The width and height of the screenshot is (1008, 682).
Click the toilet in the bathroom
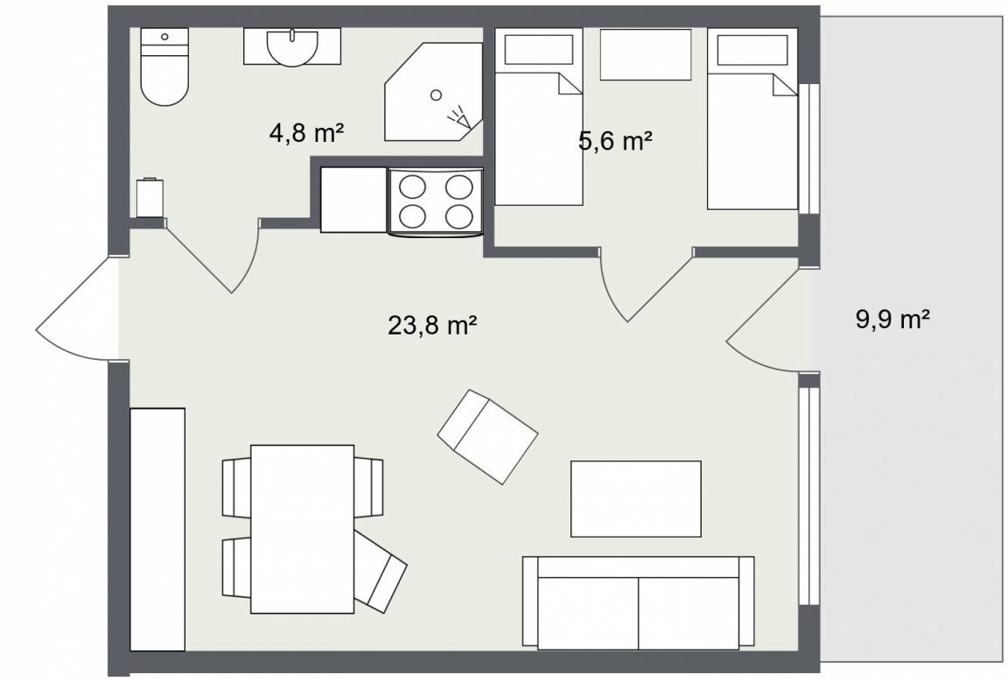[x=164, y=67]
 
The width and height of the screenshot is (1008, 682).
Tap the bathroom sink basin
[x=292, y=47]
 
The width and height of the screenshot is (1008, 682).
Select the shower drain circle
[x=436, y=95]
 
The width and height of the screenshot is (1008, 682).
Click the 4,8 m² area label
[x=306, y=133]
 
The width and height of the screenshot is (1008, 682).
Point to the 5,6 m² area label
[x=615, y=140]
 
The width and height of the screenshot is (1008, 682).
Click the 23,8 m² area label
[x=432, y=325]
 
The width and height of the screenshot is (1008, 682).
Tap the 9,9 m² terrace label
[x=892, y=319]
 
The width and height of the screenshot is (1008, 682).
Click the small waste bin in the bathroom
[x=150, y=198]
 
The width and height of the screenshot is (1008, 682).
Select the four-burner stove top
[x=435, y=200]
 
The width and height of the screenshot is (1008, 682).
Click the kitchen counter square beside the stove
[x=353, y=200]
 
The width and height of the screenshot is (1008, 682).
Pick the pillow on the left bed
[x=539, y=50]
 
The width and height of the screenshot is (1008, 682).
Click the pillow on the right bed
[x=752, y=50]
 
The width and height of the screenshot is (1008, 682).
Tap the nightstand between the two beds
[x=646, y=54]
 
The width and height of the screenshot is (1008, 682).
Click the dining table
[x=302, y=529]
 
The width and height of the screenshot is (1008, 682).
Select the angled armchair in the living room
[x=488, y=437]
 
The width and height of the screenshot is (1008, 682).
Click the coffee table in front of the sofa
[x=636, y=499]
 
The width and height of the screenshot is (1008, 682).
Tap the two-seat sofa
[x=639, y=603]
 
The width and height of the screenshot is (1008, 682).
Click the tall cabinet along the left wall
[x=157, y=530]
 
